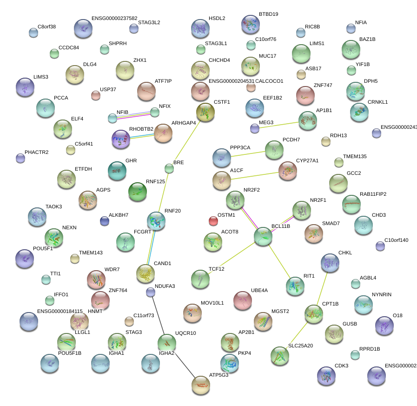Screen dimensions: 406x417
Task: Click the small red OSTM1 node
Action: tap(213, 221)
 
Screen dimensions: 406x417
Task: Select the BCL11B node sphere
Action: tap(263, 237)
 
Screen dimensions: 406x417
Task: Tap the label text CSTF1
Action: tap(222, 102)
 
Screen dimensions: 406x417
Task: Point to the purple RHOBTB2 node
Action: tap(121, 139)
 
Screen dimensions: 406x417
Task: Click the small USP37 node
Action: tap(95, 95)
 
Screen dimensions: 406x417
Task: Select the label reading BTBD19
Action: tap(269, 14)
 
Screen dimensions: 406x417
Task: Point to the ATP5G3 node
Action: tap(201, 384)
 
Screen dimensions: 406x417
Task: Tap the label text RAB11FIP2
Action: tap(373, 194)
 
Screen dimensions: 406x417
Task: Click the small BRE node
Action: tap(169, 168)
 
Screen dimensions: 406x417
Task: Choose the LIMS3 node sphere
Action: tap(25, 87)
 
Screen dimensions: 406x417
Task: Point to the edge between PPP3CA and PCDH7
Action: tap(249, 153)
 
